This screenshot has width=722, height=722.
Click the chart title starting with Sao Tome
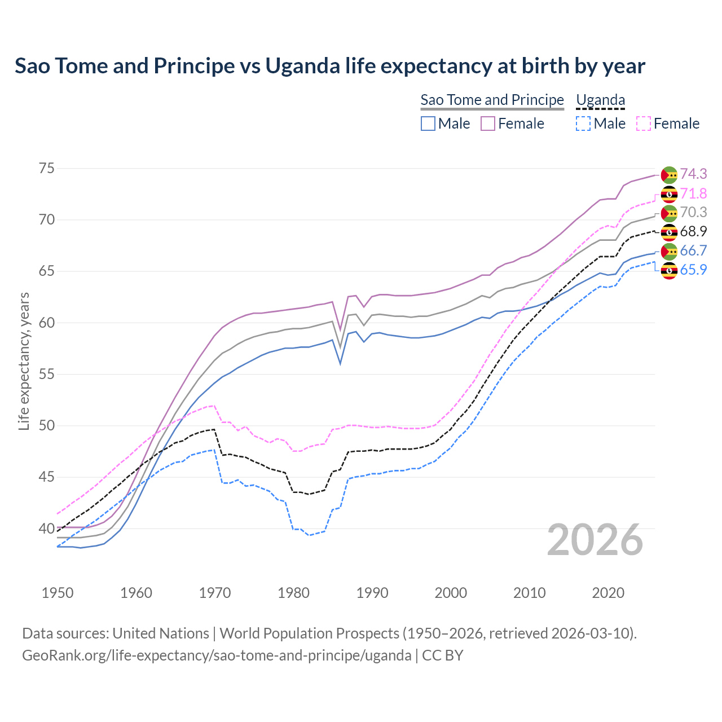click(x=329, y=66)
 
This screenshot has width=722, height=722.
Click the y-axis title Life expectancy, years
click(x=24, y=361)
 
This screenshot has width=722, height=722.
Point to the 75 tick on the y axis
click(x=47, y=169)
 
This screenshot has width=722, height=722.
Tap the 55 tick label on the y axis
click(x=47, y=375)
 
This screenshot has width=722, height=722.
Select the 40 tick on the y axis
click(x=47, y=529)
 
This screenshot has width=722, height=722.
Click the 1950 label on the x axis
click(x=58, y=593)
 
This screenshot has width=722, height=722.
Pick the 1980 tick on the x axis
click(x=293, y=593)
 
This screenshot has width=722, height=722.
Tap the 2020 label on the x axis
click(x=608, y=593)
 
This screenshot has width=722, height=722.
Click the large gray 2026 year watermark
click(x=595, y=540)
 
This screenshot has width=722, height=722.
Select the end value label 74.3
click(x=693, y=174)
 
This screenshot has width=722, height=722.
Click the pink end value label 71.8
click(x=693, y=194)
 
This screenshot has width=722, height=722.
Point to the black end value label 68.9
click(x=693, y=232)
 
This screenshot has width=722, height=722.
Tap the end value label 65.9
click(x=693, y=270)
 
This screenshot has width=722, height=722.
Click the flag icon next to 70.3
click(x=669, y=213)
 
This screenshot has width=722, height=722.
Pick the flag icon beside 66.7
click(x=669, y=251)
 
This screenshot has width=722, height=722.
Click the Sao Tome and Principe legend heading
click(x=492, y=100)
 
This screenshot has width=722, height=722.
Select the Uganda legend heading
click(x=600, y=100)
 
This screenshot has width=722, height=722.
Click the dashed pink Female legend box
click(x=644, y=124)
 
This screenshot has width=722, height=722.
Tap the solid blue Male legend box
click(x=428, y=124)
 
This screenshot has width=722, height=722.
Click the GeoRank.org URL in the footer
click(x=217, y=655)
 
